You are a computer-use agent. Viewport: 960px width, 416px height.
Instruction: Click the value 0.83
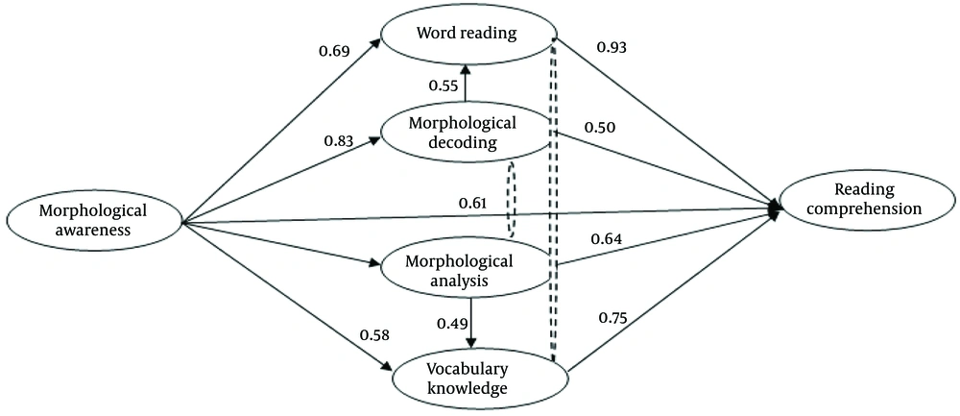coord(339,142)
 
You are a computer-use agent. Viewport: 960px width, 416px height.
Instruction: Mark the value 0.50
coord(599,127)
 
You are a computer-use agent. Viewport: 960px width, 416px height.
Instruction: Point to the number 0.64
coord(607,239)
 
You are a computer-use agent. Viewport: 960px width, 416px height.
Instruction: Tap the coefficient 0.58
coord(372,335)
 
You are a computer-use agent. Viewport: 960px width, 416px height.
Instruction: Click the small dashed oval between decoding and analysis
coord(506,200)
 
